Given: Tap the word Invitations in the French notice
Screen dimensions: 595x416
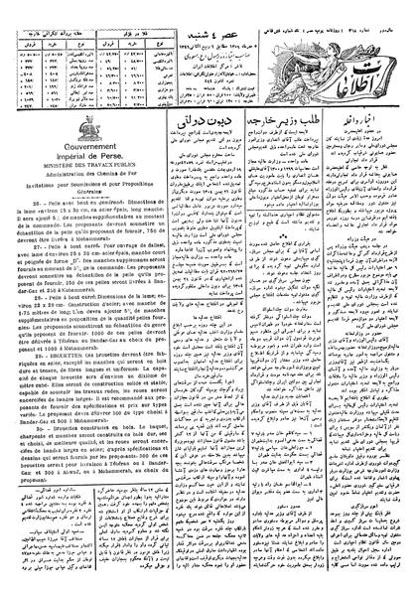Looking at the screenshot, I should pyautogui.click(x=30, y=182).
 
